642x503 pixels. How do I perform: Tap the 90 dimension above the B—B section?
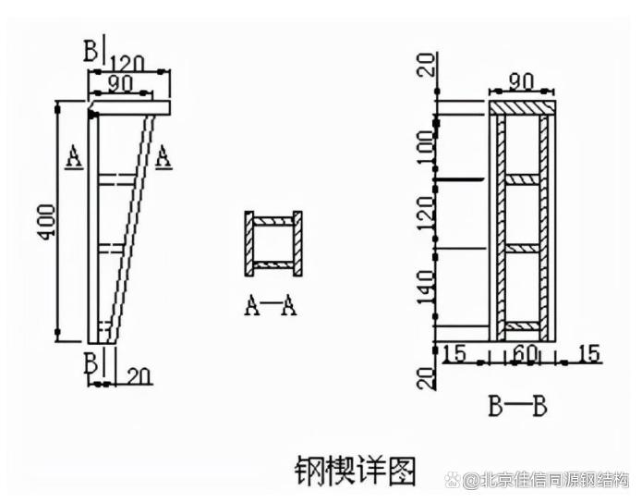point(524,81)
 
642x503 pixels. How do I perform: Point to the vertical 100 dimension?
point(425,145)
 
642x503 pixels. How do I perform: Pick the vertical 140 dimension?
point(425,288)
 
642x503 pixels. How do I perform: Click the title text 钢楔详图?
point(356,469)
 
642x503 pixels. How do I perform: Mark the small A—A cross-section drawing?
point(273,244)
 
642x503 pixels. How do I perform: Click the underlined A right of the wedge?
point(163,156)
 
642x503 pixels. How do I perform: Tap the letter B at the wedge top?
point(91,51)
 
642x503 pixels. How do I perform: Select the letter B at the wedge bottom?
point(91,362)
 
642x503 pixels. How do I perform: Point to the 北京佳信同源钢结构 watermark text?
point(545,480)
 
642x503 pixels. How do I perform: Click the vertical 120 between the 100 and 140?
point(425,215)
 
